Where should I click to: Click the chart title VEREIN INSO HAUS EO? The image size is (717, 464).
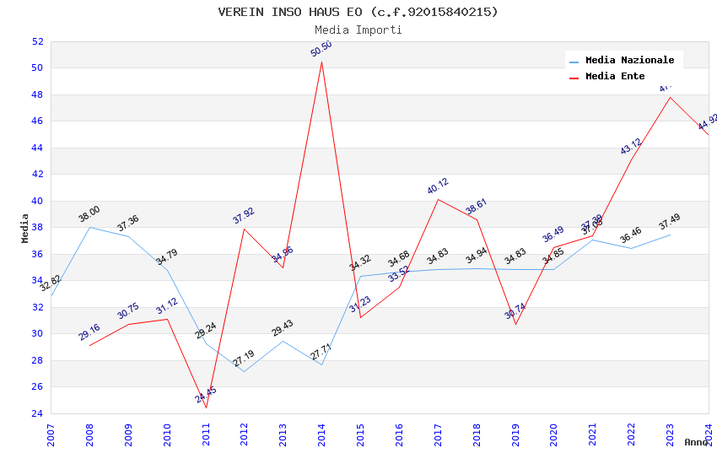(358, 12)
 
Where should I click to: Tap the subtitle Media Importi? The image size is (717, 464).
(358, 30)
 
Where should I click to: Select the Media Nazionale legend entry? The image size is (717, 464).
(629, 61)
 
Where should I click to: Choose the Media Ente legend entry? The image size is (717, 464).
(615, 77)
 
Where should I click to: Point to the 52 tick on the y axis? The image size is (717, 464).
(37, 41)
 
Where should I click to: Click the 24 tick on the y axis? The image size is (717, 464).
(37, 413)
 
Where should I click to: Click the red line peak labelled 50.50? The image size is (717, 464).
(321, 62)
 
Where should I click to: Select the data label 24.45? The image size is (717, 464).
(206, 394)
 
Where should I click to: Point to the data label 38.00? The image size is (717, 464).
(89, 214)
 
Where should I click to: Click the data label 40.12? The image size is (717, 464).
(438, 186)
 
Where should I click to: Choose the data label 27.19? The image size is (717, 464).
(244, 359)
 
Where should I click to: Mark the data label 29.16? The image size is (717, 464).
(89, 332)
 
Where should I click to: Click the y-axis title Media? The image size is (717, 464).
(25, 228)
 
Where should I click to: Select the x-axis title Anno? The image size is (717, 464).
(696, 442)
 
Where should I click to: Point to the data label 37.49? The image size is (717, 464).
(670, 222)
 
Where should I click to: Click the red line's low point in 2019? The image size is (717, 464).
(515, 324)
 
